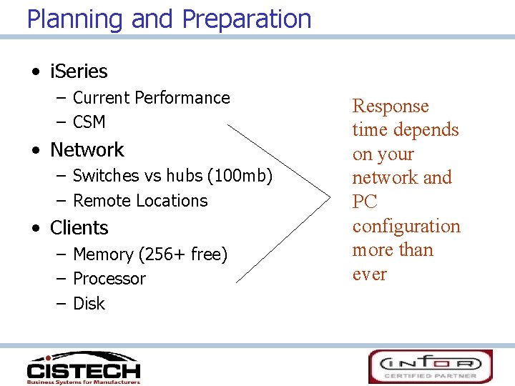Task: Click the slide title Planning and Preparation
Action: tap(169, 19)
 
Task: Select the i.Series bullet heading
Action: tap(79, 71)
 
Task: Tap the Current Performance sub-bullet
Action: tap(151, 98)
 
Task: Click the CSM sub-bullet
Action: tap(89, 122)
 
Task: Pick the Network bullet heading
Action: tap(87, 150)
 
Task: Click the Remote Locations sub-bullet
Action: tap(140, 201)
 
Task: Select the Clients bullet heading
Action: tap(79, 228)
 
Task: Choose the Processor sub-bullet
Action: tap(109, 279)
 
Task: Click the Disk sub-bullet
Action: tap(89, 304)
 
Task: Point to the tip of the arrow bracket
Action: tap(325, 193)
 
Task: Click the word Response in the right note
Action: tap(391, 107)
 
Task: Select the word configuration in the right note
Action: tap(406, 227)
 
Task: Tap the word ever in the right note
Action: tap(369, 274)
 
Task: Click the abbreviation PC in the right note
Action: tap(365, 202)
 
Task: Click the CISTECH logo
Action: tap(83, 367)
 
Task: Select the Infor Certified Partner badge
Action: tap(430, 366)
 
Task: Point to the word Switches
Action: tap(106, 176)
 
